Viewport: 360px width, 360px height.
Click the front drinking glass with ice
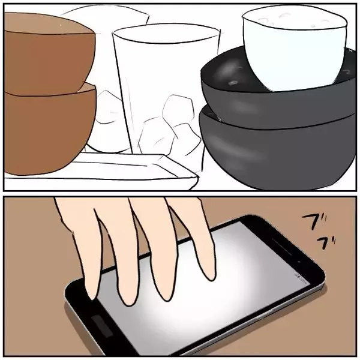point(161,92)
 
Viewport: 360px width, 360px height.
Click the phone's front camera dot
point(299,262)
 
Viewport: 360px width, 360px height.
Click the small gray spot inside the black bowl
point(233,82)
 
